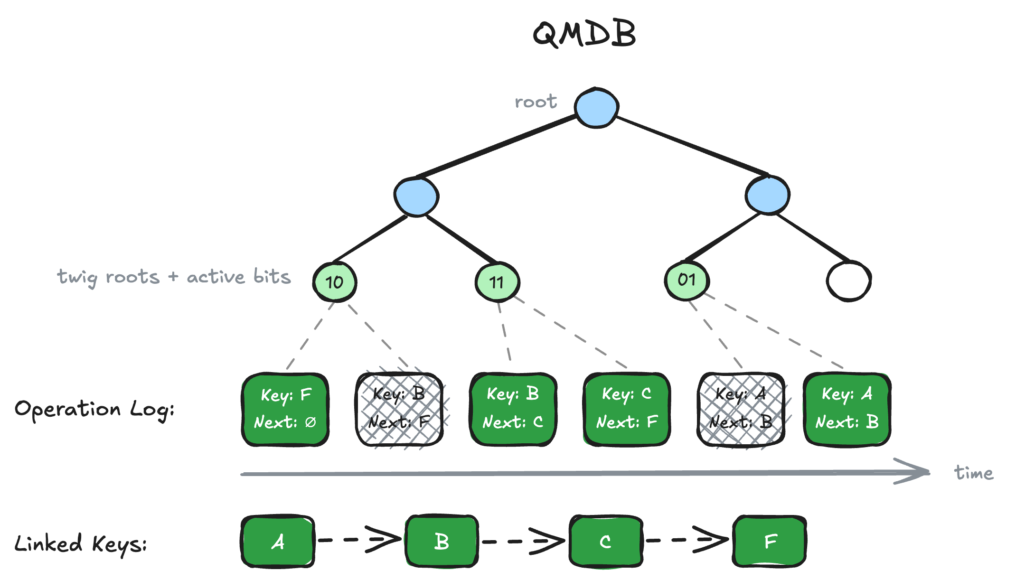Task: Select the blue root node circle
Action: [x=596, y=108]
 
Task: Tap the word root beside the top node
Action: [x=536, y=102]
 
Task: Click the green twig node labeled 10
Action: [x=335, y=282]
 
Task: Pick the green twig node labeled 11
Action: [x=497, y=282]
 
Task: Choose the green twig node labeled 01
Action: [x=686, y=280]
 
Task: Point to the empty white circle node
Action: [x=848, y=281]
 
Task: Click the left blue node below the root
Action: [x=416, y=196]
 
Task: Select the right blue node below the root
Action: [x=767, y=195]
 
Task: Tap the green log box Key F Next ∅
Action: [x=285, y=409]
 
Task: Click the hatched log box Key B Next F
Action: [x=399, y=409]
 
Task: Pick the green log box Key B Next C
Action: [x=513, y=409]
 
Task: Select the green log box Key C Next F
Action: [x=627, y=409]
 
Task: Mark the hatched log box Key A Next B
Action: [x=741, y=409]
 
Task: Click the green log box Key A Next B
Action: [x=847, y=409]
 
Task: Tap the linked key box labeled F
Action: [x=770, y=541]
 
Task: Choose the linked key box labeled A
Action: [x=278, y=541]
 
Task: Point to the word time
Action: [x=973, y=473]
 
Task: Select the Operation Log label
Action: [x=94, y=410]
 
